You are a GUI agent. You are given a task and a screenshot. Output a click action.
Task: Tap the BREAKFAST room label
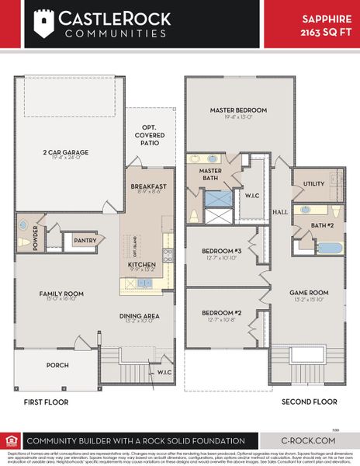(x=148, y=186)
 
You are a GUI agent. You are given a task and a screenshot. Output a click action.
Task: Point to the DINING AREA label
(x=140, y=315)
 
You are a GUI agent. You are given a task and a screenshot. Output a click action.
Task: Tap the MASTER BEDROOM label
(x=238, y=110)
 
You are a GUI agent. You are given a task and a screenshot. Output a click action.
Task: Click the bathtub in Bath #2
(x=328, y=249)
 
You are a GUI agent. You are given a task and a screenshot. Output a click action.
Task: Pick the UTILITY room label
(x=313, y=184)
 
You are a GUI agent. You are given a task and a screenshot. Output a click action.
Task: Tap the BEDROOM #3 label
(x=222, y=253)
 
